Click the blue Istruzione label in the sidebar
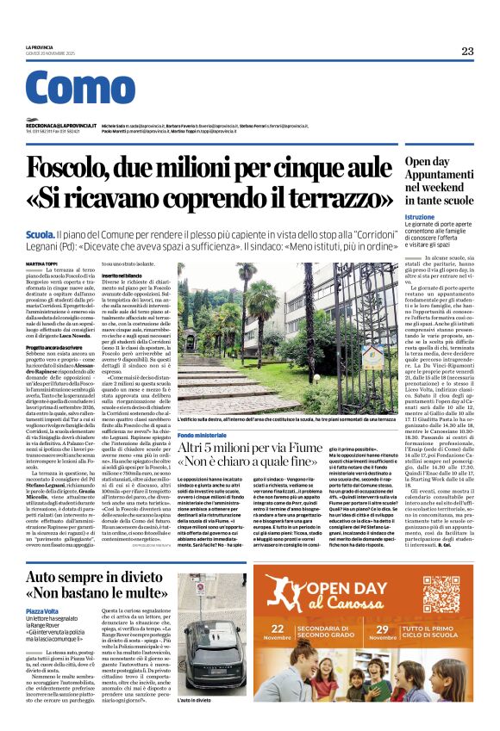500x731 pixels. point(420,217)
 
